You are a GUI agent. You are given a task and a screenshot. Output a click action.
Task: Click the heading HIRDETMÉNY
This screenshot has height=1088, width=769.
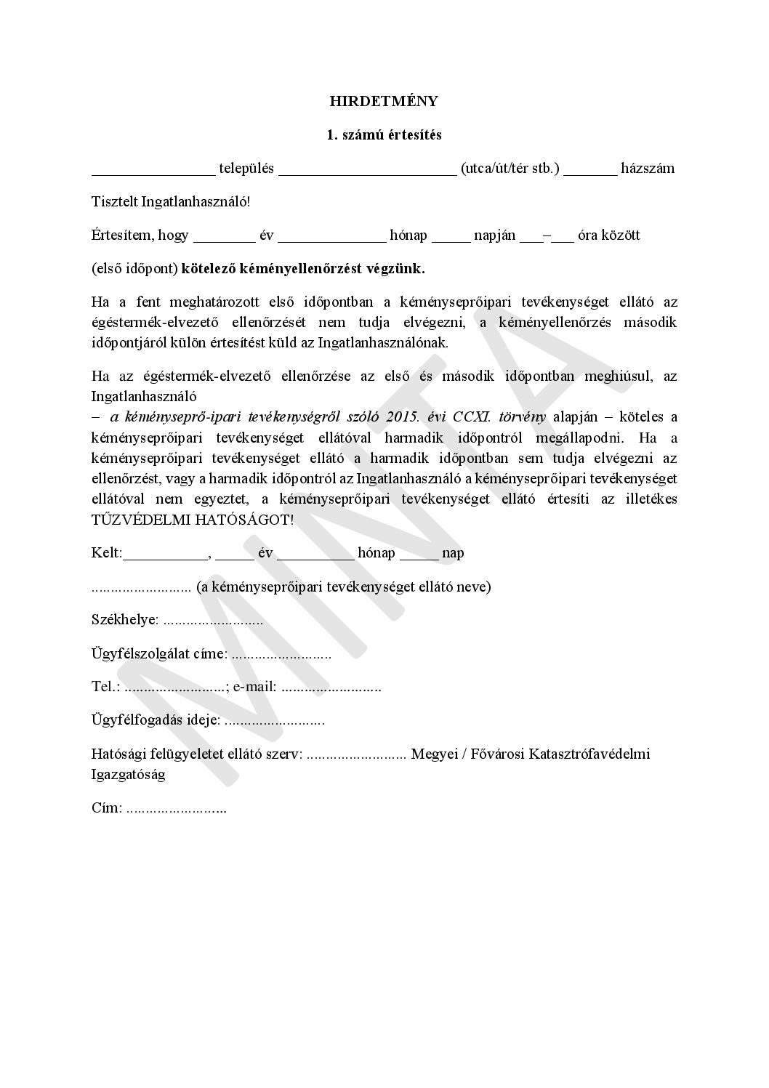[384, 101]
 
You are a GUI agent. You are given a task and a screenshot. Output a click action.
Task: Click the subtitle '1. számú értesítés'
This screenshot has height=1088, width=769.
[384, 135]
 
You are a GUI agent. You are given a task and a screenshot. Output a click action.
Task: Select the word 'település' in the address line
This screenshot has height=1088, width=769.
[246, 169]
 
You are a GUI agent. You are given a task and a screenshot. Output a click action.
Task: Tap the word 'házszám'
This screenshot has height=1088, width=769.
[648, 169]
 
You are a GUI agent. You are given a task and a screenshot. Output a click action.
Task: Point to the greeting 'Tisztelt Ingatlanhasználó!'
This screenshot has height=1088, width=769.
[171, 202]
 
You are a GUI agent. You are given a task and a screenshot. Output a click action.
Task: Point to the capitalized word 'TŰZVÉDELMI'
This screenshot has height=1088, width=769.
[136, 520]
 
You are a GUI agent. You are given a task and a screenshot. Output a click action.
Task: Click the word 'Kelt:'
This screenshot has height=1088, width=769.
[107, 553]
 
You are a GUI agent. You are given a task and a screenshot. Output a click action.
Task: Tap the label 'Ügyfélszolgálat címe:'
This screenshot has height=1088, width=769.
[159, 653]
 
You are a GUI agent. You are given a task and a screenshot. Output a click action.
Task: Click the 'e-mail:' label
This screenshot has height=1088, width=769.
[254, 687]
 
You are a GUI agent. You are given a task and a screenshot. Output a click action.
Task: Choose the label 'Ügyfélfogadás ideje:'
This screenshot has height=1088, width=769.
[156, 720]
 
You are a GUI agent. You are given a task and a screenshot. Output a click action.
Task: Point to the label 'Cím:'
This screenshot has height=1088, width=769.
[107, 807]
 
